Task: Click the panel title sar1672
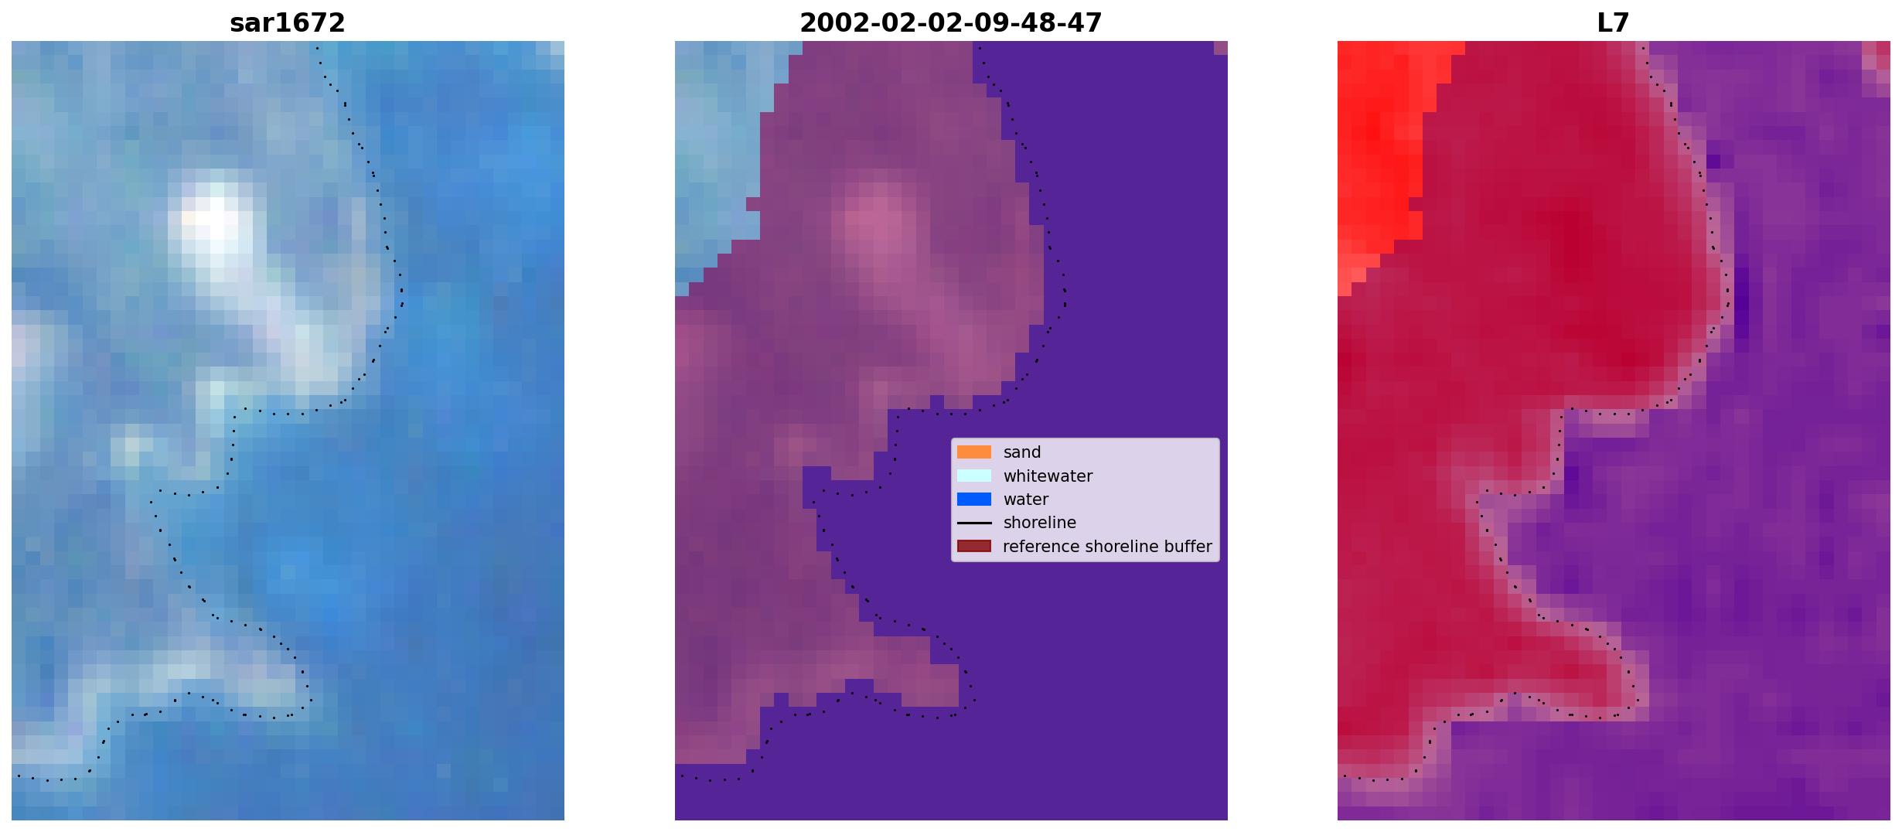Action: [288, 23]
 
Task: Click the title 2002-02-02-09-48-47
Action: [951, 23]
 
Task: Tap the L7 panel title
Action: [1614, 23]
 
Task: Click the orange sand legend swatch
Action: [974, 452]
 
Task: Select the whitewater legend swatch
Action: [974, 476]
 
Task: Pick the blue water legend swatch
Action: [974, 500]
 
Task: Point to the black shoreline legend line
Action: [974, 523]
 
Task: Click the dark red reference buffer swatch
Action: [974, 547]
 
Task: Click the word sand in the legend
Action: [1022, 452]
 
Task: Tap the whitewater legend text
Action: [1048, 476]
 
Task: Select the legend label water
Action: [1026, 500]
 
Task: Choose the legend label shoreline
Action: [1040, 523]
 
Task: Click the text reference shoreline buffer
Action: [1107, 547]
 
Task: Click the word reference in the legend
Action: [1040, 547]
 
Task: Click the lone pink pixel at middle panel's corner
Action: [1220, 48]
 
